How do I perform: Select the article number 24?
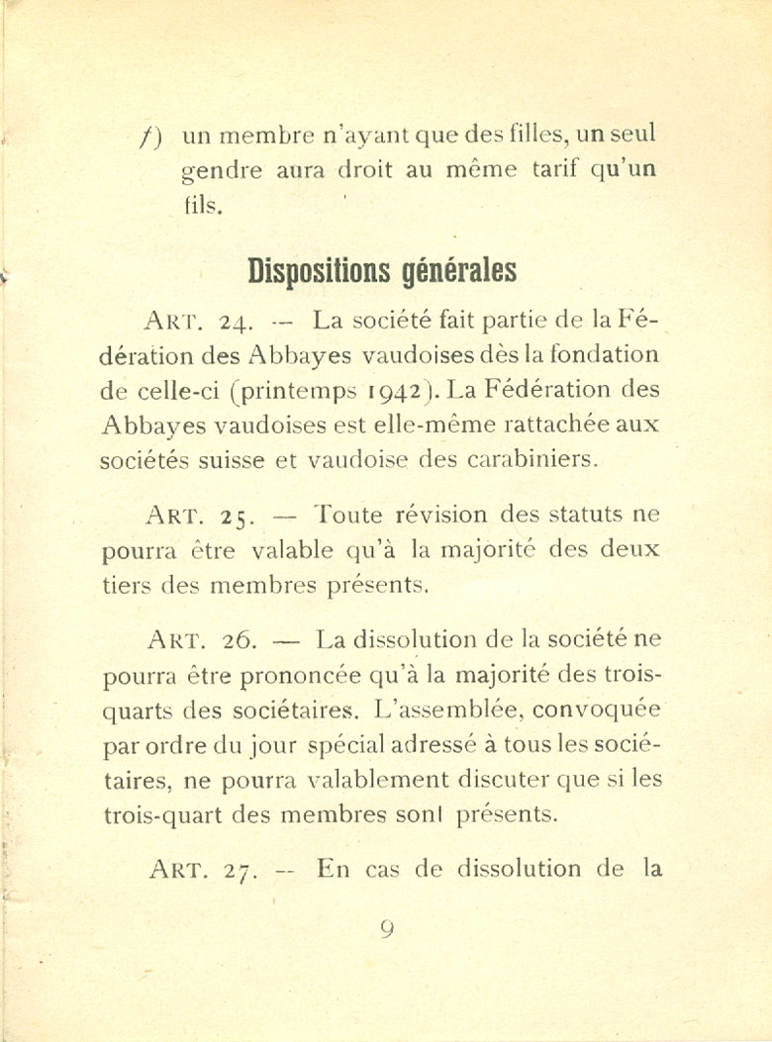[238, 322]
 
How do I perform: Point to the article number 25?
[238, 517]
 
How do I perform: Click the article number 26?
[240, 640]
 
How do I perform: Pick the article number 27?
[241, 871]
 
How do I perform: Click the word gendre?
[223, 171]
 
